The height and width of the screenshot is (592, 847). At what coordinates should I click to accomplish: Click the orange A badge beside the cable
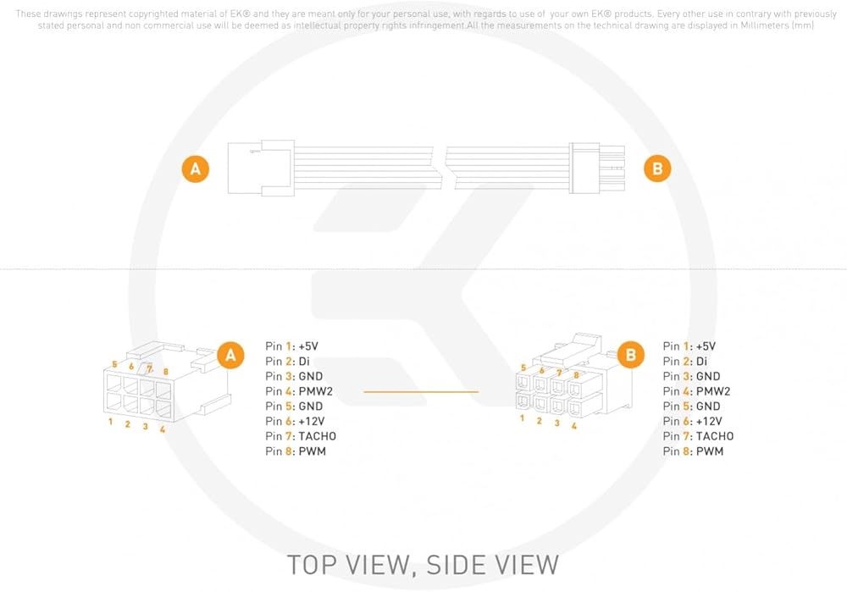pos(196,169)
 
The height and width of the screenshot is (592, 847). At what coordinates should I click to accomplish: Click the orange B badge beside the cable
pos(657,169)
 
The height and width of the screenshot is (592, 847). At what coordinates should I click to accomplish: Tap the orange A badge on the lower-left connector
pos(230,355)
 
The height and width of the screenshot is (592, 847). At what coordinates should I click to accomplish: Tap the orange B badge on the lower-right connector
pos(630,355)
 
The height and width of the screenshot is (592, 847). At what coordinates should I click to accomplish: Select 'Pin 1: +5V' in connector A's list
pos(291,346)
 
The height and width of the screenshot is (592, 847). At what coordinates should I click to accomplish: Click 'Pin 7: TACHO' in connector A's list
pos(301,436)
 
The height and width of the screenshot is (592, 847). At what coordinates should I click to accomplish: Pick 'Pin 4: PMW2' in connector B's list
pos(697,391)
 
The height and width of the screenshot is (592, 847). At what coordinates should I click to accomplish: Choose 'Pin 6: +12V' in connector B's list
pos(693,421)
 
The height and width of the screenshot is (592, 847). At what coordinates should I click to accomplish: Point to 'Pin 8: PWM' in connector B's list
pos(693,451)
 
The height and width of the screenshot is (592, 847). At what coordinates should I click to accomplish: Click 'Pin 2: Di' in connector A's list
pos(287,362)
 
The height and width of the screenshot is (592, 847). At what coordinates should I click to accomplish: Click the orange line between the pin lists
pos(421,391)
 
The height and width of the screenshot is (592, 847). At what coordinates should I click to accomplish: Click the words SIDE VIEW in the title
pos(493,565)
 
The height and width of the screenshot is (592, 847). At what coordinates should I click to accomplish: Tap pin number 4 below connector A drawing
pos(163,429)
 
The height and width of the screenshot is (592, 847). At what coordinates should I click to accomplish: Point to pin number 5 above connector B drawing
pos(523,368)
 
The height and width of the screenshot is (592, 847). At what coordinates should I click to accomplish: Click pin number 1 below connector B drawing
pos(522,418)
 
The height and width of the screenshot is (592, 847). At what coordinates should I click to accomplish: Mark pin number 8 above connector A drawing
pos(166,372)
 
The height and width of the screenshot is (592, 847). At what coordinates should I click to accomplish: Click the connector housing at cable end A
pos(261,168)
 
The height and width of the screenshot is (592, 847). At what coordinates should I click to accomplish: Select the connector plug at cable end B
pos(597,168)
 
